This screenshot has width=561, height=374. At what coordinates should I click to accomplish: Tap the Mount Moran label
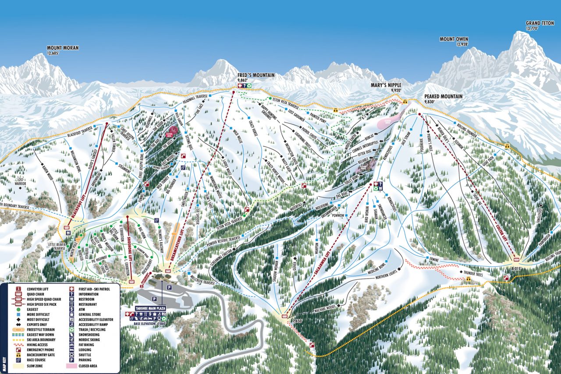[x=63, y=48]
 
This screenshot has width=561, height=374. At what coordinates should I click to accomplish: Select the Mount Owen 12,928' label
[x=454, y=39]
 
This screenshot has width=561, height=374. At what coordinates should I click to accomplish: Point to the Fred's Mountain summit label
[x=256, y=75]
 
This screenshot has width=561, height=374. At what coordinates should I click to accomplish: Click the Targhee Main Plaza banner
[x=150, y=308]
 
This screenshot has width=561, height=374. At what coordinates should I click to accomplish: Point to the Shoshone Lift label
[x=130, y=248]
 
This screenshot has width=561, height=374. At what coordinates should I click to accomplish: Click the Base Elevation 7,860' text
[x=150, y=324]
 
